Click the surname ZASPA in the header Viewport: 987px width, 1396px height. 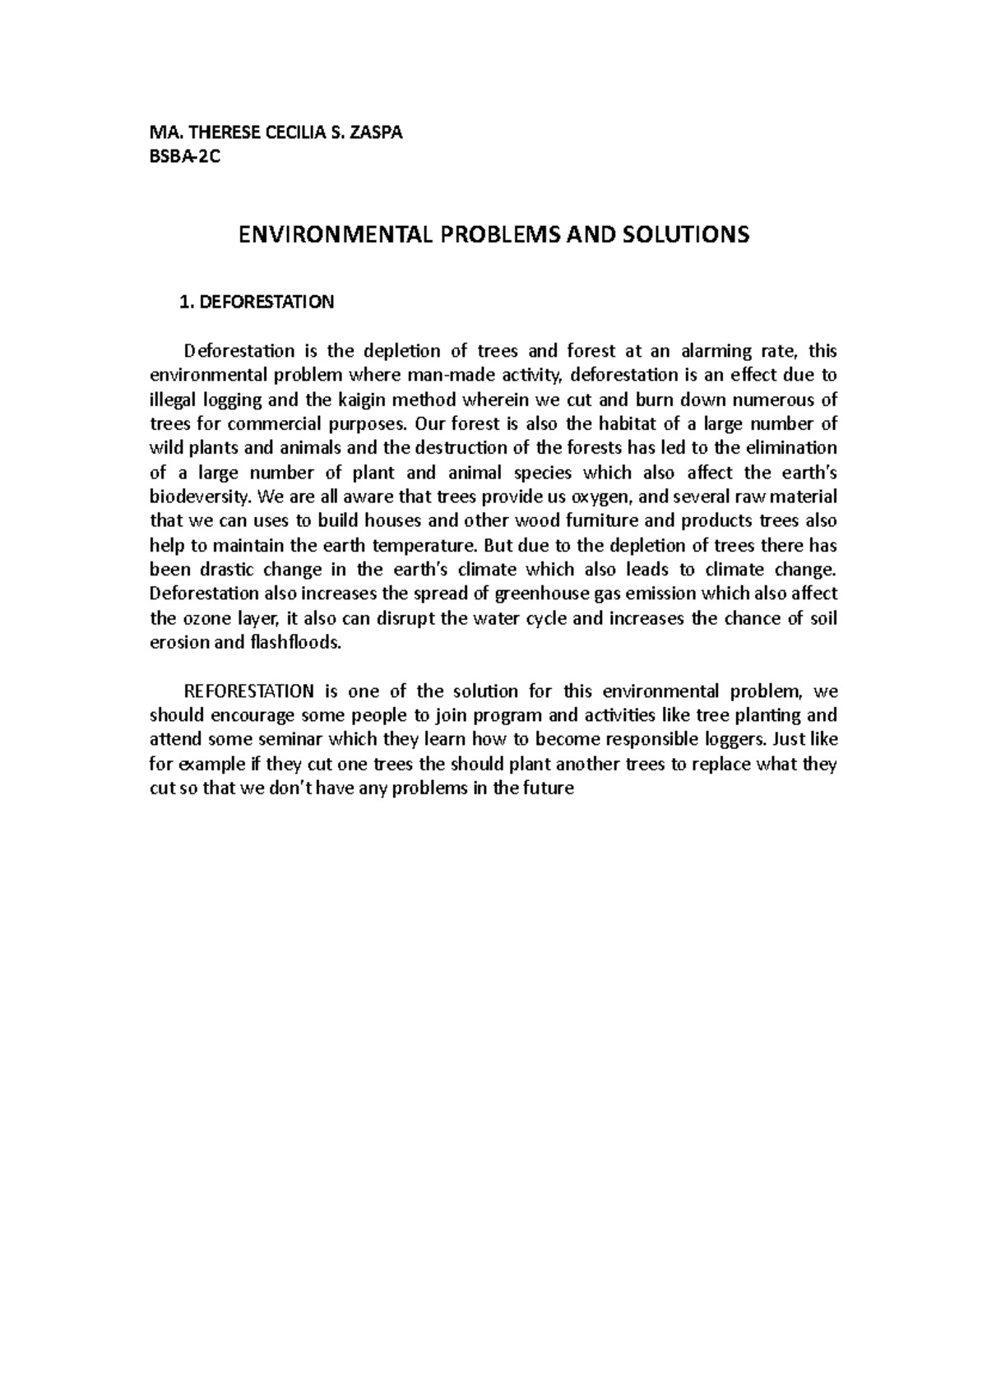[x=376, y=133]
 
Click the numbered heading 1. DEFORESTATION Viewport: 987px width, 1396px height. [x=257, y=303]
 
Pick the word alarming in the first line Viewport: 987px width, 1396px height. [x=716, y=352]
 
